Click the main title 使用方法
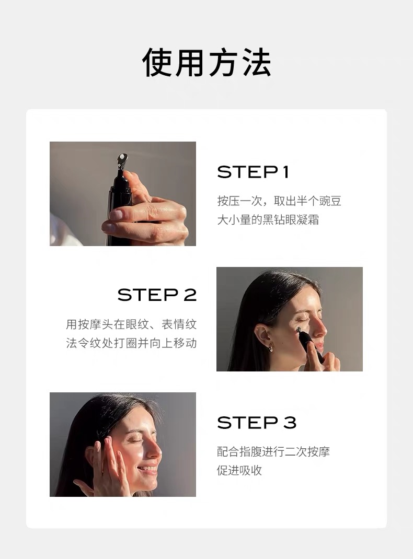(206, 62)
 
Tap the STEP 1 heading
(253, 172)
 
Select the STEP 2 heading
(157, 295)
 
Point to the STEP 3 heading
(257, 423)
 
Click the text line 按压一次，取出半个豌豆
(279, 201)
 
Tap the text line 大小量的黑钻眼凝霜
(268, 219)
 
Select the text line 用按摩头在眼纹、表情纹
(131, 324)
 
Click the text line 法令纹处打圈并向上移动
(131, 343)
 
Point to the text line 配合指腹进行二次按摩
(273, 452)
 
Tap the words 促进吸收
(239, 470)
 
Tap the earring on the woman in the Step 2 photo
(271, 347)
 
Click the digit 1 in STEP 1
(285, 172)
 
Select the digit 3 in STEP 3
(290, 423)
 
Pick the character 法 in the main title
(257, 62)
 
